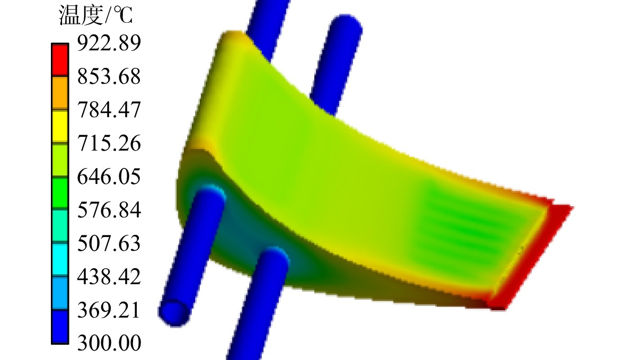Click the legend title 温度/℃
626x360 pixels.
click(95, 15)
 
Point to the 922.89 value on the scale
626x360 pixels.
click(109, 43)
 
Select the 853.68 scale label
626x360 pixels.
click(109, 76)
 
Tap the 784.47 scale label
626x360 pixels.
click(109, 110)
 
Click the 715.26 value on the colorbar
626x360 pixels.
click(109, 143)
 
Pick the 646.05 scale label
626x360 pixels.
click(109, 177)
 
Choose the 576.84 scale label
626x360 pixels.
click(109, 210)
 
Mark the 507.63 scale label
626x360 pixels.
click(109, 243)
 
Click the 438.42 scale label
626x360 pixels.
click(109, 277)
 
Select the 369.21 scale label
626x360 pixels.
click(109, 310)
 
